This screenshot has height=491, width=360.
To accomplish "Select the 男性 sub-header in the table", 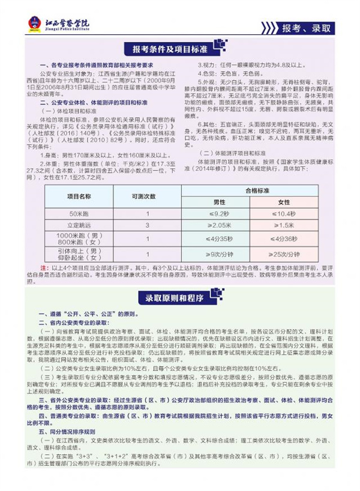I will (x=219, y=202).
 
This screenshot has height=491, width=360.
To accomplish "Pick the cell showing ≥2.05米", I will (x=219, y=224).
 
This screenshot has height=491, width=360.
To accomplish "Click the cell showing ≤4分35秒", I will (x=219, y=238).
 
